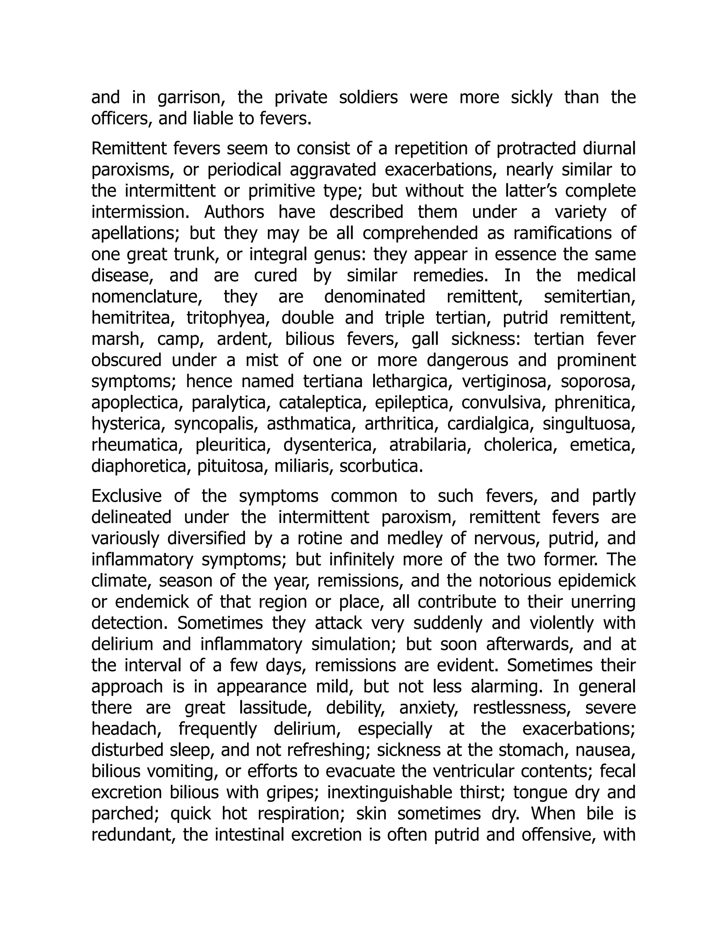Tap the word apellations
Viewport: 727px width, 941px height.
tap(134, 234)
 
